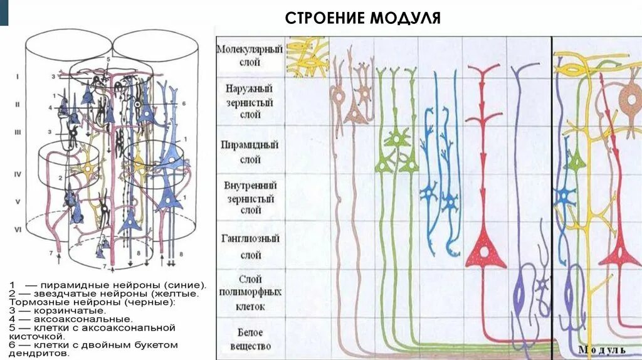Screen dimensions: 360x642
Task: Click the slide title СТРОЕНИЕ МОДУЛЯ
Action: tap(363, 18)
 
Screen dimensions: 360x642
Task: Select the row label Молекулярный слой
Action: tap(250, 56)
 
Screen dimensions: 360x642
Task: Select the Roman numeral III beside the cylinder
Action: tap(18, 133)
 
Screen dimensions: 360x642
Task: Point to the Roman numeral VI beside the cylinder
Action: tap(18, 230)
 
